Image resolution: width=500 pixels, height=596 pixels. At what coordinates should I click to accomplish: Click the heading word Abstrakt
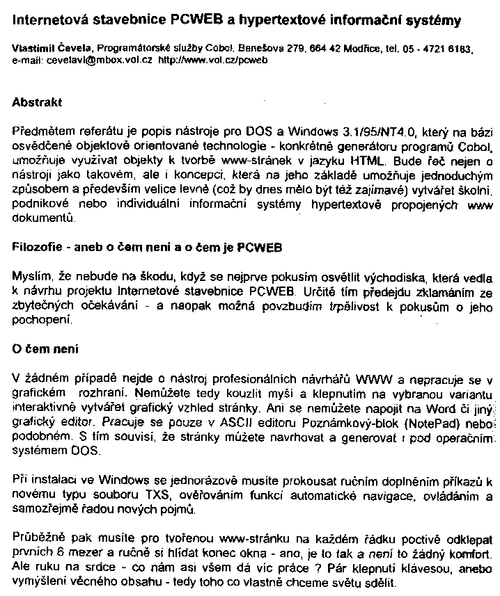click(38, 102)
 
